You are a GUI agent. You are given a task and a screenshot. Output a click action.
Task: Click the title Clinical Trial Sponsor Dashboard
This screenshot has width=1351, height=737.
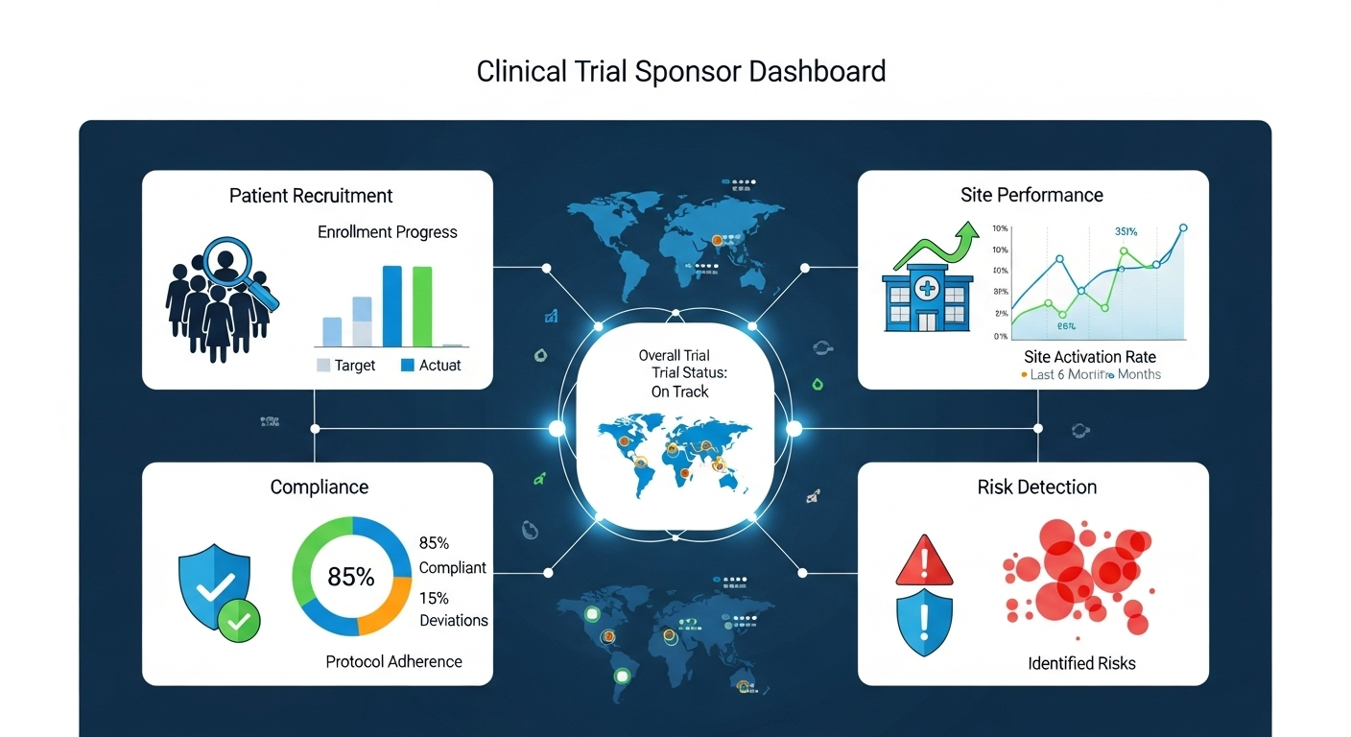680,72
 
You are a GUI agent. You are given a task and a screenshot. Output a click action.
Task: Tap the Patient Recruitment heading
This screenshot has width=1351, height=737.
311,196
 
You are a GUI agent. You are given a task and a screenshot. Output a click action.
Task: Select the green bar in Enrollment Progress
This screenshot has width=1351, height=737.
422,305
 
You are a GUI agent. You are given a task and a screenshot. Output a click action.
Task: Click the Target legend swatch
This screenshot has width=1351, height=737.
323,365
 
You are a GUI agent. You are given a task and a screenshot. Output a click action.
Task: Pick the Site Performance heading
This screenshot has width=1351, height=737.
1031,195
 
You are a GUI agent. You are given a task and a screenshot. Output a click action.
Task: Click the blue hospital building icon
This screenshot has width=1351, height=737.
927,294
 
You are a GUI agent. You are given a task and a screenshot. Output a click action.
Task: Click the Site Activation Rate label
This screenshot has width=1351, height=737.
1090,357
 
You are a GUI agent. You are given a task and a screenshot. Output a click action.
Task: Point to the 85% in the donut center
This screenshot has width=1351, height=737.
351,577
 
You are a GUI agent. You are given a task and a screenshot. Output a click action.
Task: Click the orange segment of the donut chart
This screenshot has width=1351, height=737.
390,610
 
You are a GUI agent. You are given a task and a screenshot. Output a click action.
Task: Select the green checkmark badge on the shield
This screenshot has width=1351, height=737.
238,621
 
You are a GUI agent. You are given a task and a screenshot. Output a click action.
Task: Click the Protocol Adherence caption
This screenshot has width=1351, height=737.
393,661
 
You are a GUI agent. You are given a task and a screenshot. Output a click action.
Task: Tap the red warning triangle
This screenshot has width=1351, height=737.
924,561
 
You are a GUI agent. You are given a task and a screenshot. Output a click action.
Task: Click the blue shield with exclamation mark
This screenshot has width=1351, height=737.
924,623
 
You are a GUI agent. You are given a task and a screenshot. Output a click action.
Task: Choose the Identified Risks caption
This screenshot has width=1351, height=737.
1081,663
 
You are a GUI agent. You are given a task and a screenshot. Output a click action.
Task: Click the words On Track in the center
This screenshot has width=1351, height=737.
679,392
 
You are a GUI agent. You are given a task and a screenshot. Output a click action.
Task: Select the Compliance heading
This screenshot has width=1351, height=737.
320,487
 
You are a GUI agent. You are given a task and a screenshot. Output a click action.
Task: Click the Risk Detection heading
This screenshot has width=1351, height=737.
1036,487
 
